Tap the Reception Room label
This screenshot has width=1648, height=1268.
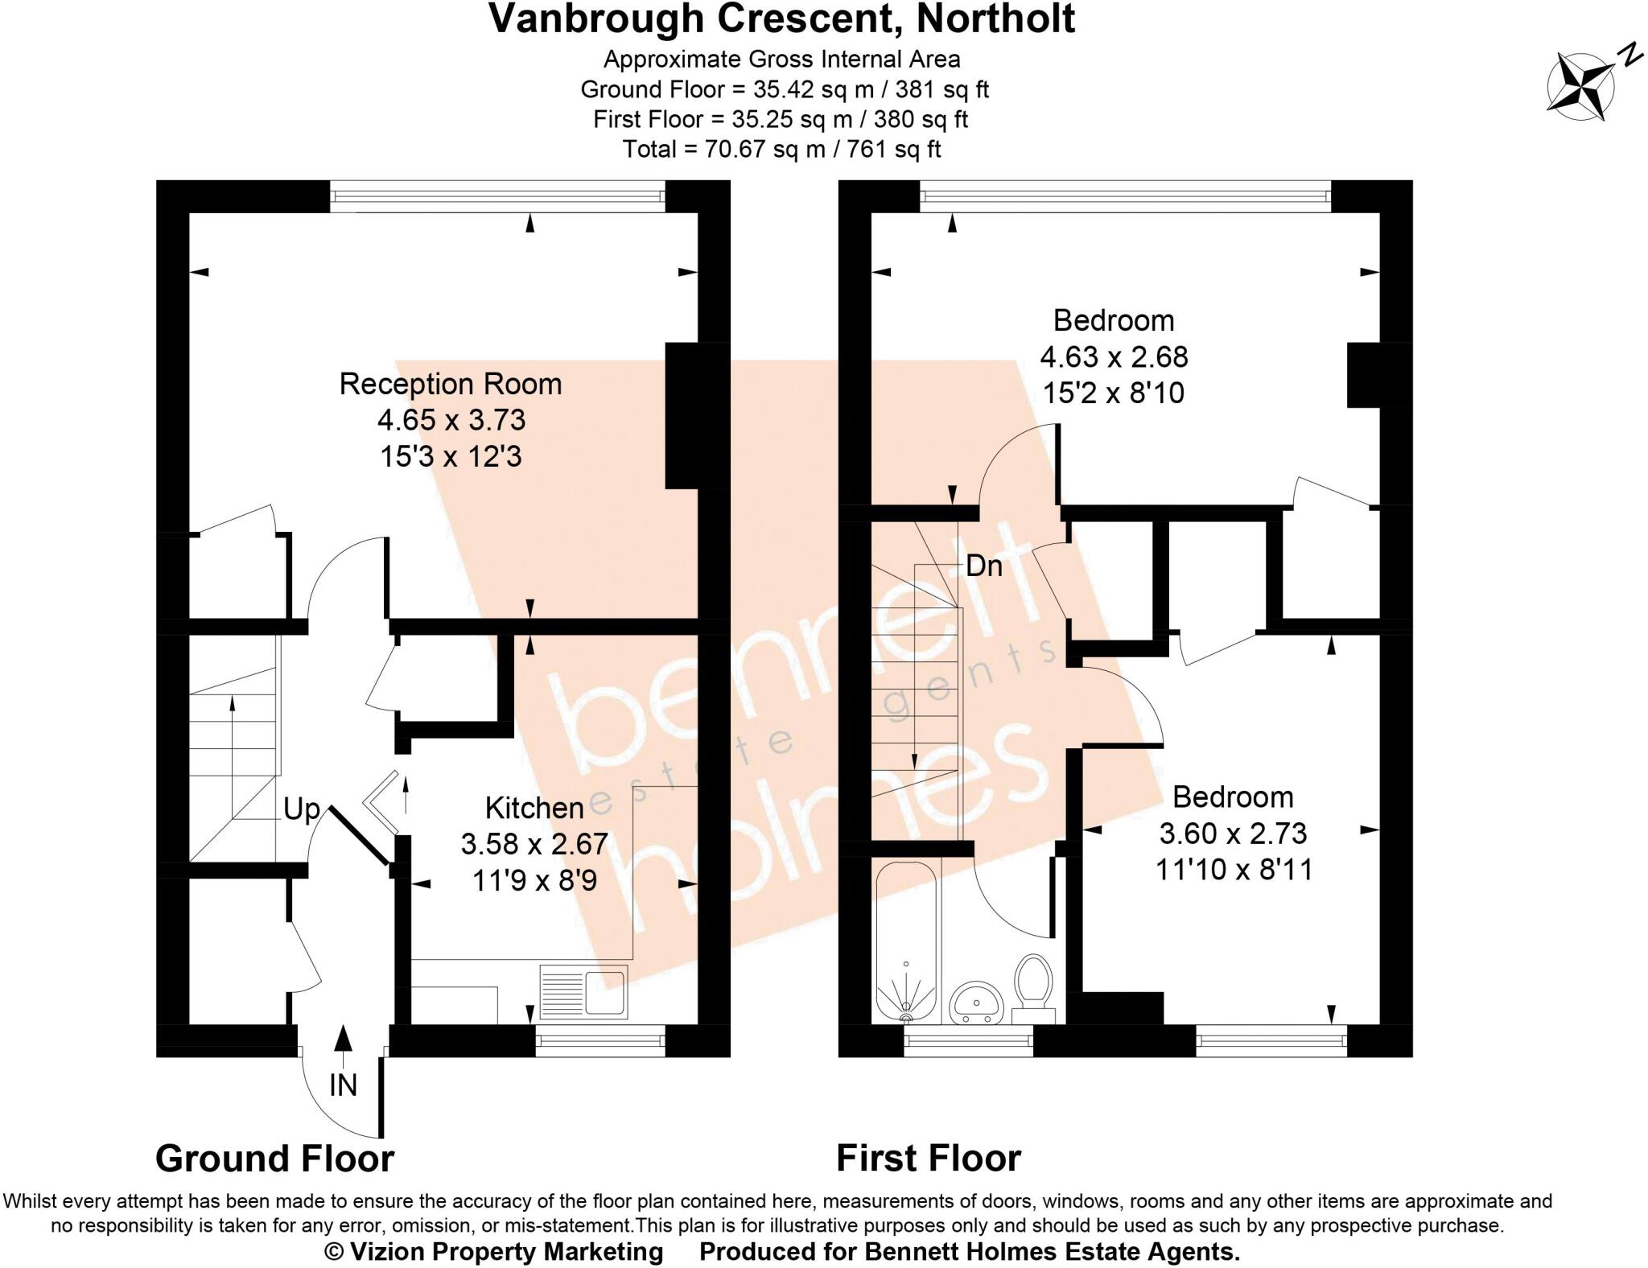pyautogui.click(x=451, y=384)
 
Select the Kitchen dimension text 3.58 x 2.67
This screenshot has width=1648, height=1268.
pyautogui.click(x=534, y=844)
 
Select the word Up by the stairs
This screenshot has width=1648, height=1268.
pyautogui.click(x=302, y=809)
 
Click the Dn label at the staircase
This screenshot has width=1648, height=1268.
pyautogui.click(x=983, y=566)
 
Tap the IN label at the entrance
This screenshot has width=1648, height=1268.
pyautogui.click(x=344, y=1085)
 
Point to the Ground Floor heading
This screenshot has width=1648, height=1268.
pyautogui.click(x=275, y=1159)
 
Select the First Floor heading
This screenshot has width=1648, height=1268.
pyautogui.click(x=929, y=1159)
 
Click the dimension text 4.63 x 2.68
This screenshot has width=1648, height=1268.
pyautogui.click(x=1114, y=356)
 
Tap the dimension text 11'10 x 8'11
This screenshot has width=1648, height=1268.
pyautogui.click(x=1234, y=870)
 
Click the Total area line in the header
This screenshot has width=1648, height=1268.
pyautogui.click(x=781, y=150)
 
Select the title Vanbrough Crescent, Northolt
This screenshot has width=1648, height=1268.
pyautogui.click(x=781, y=19)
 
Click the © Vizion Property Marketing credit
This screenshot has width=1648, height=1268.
pyautogui.click(x=493, y=1252)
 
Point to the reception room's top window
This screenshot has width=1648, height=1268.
pyautogui.click(x=497, y=196)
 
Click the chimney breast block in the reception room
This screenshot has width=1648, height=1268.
pyautogui.click(x=682, y=416)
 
